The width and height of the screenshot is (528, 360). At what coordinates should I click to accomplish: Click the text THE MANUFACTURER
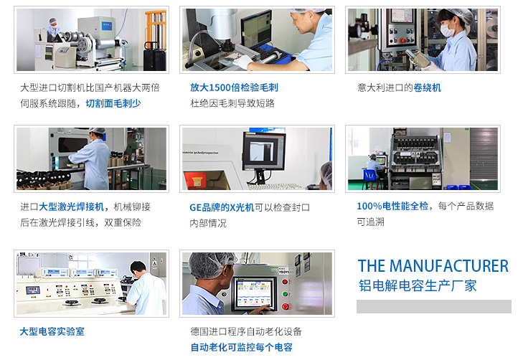click(433, 266)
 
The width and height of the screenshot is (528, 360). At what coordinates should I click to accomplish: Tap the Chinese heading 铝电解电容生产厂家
click(418, 285)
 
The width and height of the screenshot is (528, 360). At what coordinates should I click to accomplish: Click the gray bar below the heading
click(434, 306)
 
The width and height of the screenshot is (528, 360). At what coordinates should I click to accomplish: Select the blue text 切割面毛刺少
click(113, 103)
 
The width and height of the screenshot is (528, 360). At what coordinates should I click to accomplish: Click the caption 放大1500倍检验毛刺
click(234, 87)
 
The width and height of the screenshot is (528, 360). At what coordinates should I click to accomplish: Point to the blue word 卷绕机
click(428, 88)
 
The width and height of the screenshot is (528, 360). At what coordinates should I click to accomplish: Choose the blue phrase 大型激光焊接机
click(72, 207)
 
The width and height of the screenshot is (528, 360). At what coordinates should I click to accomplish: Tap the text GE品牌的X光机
click(222, 207)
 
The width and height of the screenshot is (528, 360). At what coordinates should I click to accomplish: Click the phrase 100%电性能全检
click(392, 206)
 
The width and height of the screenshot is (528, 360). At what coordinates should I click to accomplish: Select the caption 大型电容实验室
click(52, 331)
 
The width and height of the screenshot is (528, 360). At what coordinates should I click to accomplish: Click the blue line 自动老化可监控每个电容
click(242, 347)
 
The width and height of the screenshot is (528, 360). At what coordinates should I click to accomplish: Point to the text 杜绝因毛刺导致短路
click(232, 103)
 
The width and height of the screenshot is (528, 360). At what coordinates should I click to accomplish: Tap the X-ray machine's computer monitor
click(264, 151)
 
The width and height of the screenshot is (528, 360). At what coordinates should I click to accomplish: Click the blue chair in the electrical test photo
click(370, 177)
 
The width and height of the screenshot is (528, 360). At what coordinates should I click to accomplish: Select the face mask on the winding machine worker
click(447, 30)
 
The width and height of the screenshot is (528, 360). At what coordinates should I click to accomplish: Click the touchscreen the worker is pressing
click(254, 293)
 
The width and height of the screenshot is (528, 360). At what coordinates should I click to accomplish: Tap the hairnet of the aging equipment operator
click(209, 265)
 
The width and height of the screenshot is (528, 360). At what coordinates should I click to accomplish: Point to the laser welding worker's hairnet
click(98, 131)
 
